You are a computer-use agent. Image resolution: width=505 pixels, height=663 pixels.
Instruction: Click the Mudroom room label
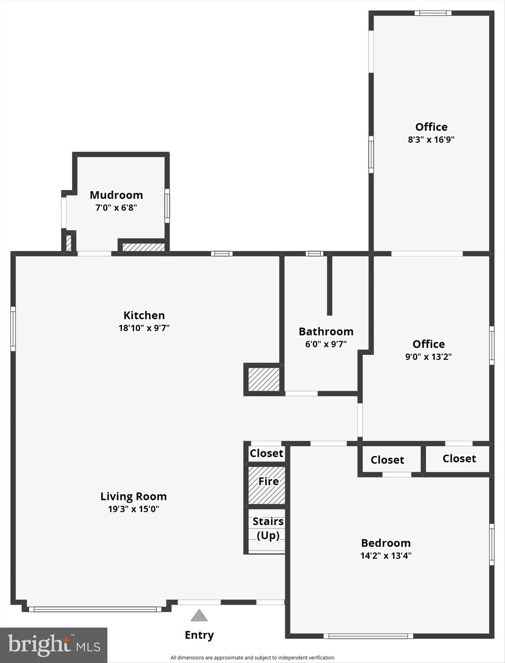(116, 195)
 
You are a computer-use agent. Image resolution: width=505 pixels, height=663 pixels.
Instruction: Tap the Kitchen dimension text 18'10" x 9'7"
(144, 328)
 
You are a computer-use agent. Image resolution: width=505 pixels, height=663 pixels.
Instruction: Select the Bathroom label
(326, 332)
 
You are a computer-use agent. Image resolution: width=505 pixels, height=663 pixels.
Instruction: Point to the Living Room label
(133, 497)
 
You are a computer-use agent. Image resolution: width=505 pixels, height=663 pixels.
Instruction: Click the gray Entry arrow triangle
(199, 615)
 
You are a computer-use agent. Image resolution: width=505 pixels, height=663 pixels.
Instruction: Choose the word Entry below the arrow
(199, 635)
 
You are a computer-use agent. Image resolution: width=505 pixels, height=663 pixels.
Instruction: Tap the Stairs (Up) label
(268, 528)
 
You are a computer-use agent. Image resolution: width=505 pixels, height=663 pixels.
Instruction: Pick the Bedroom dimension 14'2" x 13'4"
(386, 555)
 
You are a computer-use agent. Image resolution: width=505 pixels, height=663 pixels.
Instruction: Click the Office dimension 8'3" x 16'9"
(431, 140)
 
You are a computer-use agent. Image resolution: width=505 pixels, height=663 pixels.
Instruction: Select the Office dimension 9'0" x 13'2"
(428, 357)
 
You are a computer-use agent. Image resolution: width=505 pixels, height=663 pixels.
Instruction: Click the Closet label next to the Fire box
(266, 453)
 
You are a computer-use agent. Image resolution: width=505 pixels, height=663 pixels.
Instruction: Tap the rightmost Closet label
(459, 459)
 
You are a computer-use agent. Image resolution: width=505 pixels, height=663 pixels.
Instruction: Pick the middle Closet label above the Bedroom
(387, 460)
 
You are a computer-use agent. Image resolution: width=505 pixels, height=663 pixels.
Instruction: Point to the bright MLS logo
(54, 645)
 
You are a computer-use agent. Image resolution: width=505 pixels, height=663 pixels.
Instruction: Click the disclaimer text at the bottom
(252, 658)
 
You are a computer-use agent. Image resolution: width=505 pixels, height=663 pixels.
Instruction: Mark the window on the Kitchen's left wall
(13, 329)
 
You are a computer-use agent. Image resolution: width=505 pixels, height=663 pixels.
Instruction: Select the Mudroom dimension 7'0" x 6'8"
(116, 208)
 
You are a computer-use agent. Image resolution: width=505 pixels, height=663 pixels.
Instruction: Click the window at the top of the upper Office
(433, 13)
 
